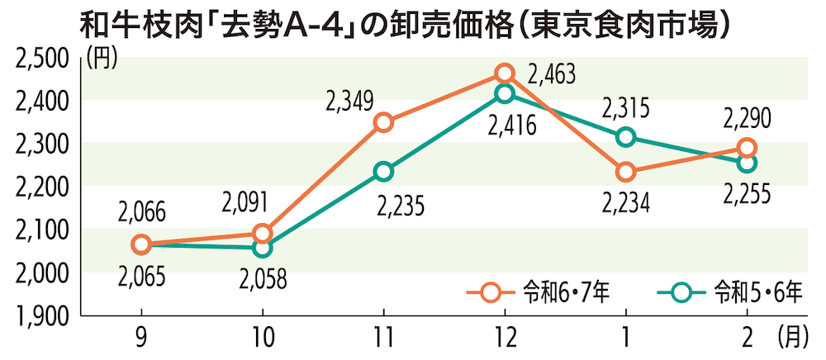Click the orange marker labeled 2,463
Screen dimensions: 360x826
[505, 73]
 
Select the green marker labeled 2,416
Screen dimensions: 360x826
[505, 93]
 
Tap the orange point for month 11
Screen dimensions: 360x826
[383, 123]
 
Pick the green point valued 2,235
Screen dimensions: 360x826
[383, 172]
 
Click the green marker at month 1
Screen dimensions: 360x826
[626, 136]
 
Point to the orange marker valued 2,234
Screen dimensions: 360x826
[626, 172]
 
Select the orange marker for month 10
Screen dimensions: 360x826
[263, 234]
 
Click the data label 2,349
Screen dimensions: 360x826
[349, 102]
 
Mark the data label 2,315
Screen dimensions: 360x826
[625, 107]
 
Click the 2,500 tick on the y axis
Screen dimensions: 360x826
[41, 58]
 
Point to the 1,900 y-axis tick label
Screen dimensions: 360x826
[41, 315]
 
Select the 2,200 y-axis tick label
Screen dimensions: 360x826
[41, 187]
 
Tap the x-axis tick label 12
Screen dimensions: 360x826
[505, 338]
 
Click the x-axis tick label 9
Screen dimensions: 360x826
[141, 338]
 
